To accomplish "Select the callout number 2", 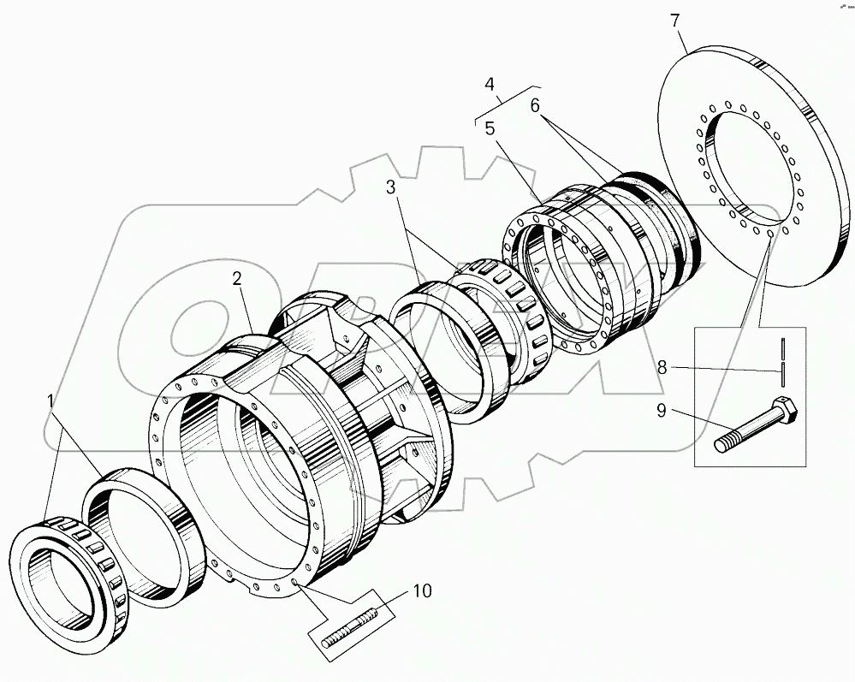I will pyautogui.click(x=237, y=279).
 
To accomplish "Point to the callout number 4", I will pyautogui.click(x=490, y=85).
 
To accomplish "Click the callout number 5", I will pyautogui.click(x=490, y=128).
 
